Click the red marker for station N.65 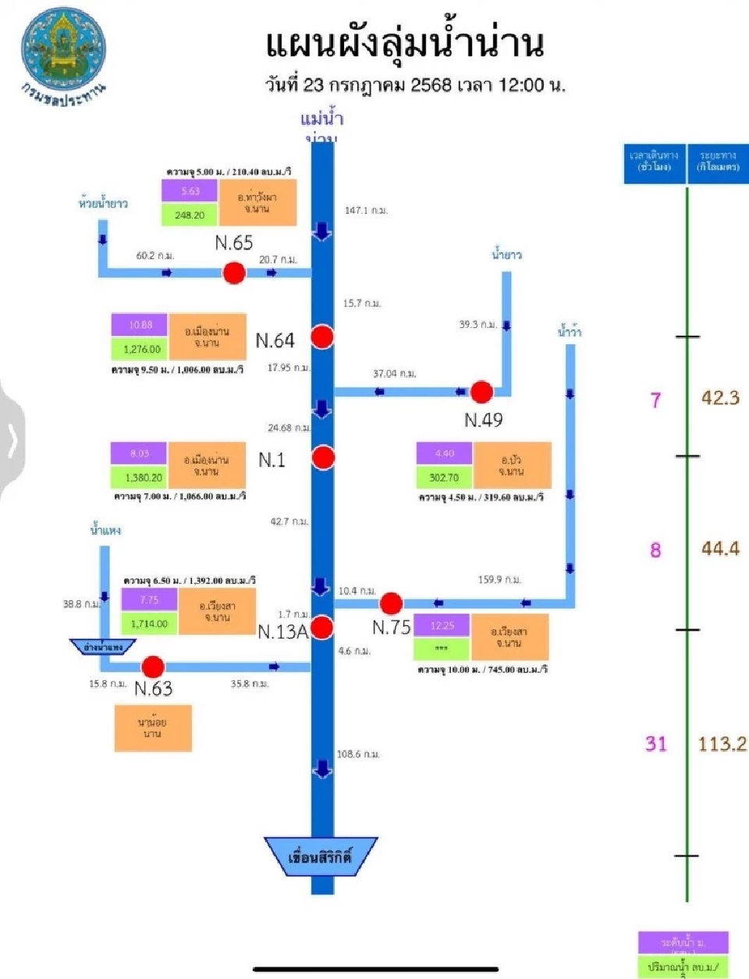pos(234,272)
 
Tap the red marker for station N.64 pos(322,336)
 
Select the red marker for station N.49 pos(481,392)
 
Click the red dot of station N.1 pos(323,457)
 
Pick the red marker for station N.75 pos(391,603)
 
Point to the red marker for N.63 pos(153,667)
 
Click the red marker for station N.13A pos(322,627)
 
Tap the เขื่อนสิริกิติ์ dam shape pos(321,857)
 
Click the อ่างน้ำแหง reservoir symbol pos(103,647)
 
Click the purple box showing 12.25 pos(442,625)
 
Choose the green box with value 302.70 pos(444,477)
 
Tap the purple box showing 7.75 pos(149,600)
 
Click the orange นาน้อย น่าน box pos(153,728)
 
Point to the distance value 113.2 pos(722,743)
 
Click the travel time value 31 pos(656,743)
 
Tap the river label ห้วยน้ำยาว pos(103,204)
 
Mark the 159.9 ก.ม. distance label pos(499,579)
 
